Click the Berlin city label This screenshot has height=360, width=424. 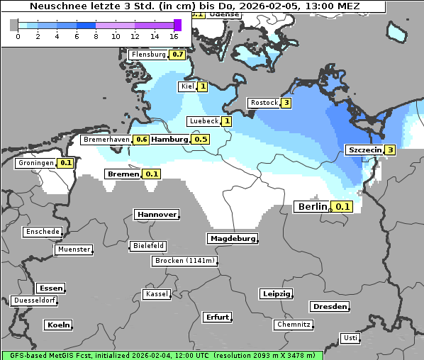click(312, 207)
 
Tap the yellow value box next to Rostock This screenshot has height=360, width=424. click(286, 103)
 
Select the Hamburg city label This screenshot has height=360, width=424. click(169, 140)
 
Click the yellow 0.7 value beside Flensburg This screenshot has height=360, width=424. click(178, 55)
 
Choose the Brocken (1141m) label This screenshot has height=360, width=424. click(184, 261)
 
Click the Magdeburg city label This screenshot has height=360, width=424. click(232, 239)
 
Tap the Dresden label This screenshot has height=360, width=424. click(329, 307)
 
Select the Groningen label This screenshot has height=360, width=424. click(36, 163)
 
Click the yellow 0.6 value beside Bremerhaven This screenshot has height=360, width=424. click(142, 140)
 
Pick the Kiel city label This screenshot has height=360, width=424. click(187, 86)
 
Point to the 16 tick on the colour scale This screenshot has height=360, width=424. click(174, 35)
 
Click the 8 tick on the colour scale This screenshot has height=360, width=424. click(96, 35)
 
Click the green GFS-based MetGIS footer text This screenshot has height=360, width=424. click(162, 355)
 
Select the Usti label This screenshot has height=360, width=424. click(350, 338)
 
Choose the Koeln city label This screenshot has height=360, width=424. click(58, 325)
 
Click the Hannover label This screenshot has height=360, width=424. click(155, 215)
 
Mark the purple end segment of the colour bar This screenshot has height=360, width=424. click(177, 25)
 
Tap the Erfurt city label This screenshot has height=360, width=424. click(217, 317)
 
